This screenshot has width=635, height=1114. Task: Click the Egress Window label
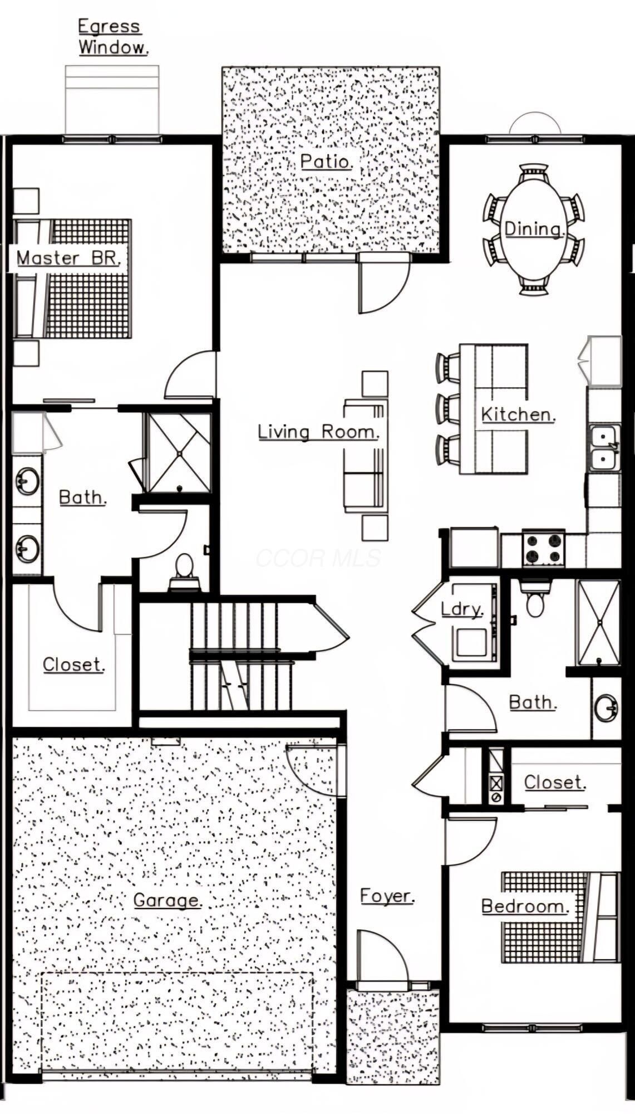point(113,37)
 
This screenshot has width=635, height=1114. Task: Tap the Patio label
point(327,162)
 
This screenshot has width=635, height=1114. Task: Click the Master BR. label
point(68,258)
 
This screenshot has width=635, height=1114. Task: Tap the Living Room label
point(319,432)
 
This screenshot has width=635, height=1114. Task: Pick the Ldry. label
point(462,609)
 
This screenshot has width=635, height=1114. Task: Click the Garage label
point(167,900)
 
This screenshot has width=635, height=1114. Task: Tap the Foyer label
point(387,896)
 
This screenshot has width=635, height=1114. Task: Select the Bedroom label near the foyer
point(525,906)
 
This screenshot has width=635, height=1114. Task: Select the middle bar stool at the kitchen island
point(446,408)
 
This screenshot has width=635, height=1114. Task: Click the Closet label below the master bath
point(73,665)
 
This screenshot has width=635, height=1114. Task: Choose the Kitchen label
point(518,414)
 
